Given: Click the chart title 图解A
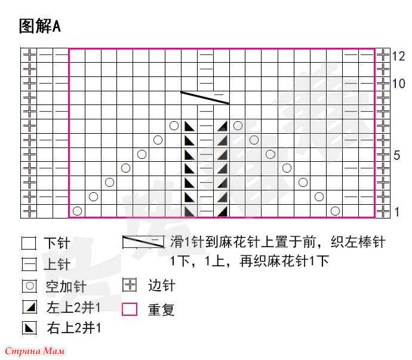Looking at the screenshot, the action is tap(40, 26).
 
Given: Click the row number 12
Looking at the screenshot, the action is tap(398, 56).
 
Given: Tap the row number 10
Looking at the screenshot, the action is tap(398, 84).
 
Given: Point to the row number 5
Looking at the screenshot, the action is tap(396, 155).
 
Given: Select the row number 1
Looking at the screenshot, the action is tap(396, 212).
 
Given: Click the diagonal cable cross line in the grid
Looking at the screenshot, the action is tap(205, 98).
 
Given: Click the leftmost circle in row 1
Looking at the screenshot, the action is tap(77, 211).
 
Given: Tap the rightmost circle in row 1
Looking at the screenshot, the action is tap(336, 211).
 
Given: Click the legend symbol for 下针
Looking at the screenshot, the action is tap(29, 243).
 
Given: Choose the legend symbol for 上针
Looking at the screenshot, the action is tap(29, 264).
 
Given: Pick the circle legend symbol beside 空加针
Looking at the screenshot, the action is tap(29, 285).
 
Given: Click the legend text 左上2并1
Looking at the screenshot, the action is tap(73, 307).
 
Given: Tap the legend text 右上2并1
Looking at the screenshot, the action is tap(73, 328).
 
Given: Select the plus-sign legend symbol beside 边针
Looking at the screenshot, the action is tap(130, 285).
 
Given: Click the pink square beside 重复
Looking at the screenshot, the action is tap(130, 309).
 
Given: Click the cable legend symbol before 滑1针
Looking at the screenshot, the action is tap(143, 242).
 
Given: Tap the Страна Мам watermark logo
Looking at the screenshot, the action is tap(35, 351).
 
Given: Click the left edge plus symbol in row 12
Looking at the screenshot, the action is tap(29, 56).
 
